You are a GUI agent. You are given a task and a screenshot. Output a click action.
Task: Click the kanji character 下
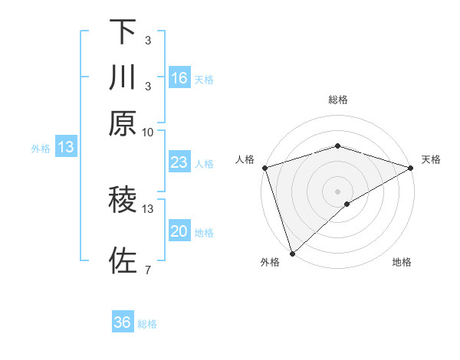coord(123,32)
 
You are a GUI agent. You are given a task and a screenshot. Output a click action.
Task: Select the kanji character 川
coord(123,78)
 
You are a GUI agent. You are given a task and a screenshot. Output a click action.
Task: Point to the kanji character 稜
coord(123,201)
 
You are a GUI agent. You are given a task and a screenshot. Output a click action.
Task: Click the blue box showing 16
coord(179,78)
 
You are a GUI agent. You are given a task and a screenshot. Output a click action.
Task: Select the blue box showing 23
coord(179,162)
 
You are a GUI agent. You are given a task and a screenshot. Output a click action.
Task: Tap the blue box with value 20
coord(179,231)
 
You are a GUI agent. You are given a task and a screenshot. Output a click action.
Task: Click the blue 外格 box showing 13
coord(66,148)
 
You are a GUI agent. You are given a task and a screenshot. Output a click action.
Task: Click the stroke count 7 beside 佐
coord(147,270)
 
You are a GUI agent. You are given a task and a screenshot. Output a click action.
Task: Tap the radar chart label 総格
coord(338,100)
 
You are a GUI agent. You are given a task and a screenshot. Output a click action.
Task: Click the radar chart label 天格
coord(431,159)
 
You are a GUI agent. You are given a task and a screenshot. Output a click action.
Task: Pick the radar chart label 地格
coord(402,263)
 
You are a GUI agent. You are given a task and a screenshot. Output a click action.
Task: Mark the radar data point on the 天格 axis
coord(411,168)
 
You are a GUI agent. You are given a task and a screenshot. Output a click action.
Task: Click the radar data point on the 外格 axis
coord(292,253)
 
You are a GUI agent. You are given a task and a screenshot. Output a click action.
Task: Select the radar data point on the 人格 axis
coord(264,168)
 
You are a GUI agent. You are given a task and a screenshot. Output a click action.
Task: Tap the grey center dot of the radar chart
coord(338,191)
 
